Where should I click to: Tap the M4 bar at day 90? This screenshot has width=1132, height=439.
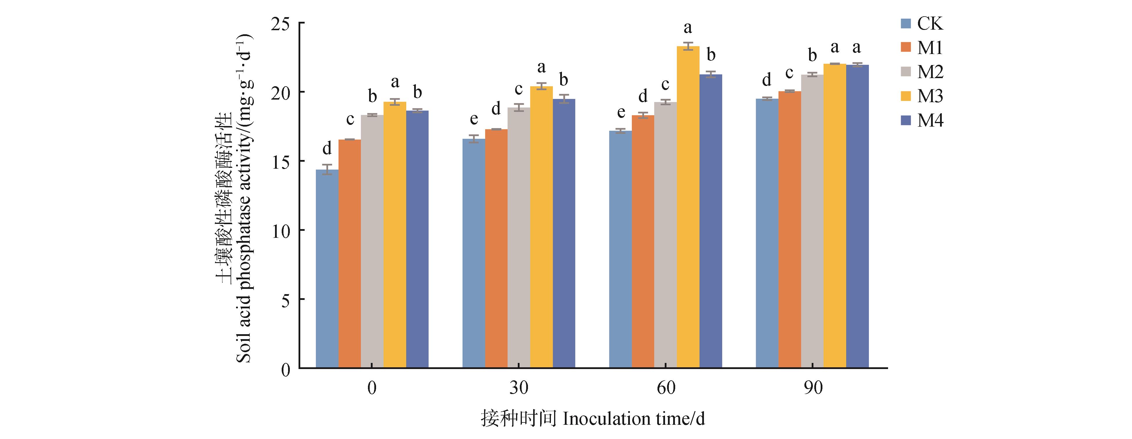coord(857,216)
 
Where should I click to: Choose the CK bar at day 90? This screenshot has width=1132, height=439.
coord(767,233)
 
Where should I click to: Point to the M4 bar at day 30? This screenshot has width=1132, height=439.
coord(564,233)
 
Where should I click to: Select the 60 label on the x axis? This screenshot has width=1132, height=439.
coord(665,388)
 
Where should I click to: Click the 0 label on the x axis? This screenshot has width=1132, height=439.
coord(372,388)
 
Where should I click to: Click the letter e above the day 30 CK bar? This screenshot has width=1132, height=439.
coord(474,119)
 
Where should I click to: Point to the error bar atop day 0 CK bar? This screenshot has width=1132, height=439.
coord(327,169)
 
